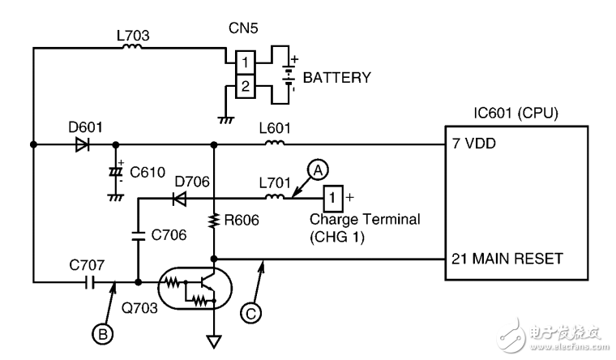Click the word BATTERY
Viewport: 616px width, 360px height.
336,79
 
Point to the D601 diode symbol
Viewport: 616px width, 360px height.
82,145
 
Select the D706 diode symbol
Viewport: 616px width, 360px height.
180,197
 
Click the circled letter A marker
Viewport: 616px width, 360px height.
319,168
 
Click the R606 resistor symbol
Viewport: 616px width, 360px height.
213,220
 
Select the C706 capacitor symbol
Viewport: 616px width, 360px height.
138,237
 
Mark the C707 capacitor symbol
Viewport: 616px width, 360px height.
90,282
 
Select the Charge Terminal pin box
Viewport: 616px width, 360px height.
333,196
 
